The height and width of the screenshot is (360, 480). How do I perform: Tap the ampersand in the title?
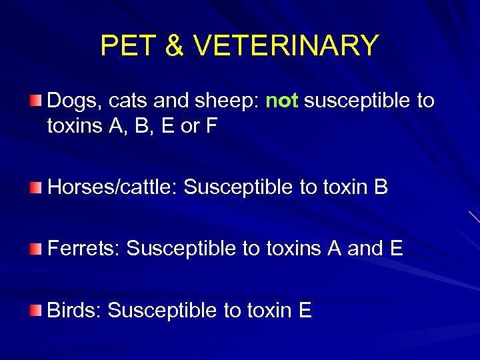tap(173, 46)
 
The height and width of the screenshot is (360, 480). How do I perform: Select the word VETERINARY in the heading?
tap(285, 46)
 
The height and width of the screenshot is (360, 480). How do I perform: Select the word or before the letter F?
tap(190, 127)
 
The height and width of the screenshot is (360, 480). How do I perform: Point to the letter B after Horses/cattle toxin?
tap(381, 187)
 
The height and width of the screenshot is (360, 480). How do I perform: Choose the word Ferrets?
tap(84, 249)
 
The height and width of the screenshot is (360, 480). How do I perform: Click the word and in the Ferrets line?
tap(365, 249)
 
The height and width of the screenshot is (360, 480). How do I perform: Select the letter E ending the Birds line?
tap(305, 310)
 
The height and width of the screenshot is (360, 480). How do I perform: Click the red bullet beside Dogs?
tap(35, 101)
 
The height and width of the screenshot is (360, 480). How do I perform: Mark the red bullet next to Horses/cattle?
tap(35, 187)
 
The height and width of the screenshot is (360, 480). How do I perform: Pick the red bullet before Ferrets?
tap(35, 249)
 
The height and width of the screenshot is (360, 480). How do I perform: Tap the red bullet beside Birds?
tap(35, 310)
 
